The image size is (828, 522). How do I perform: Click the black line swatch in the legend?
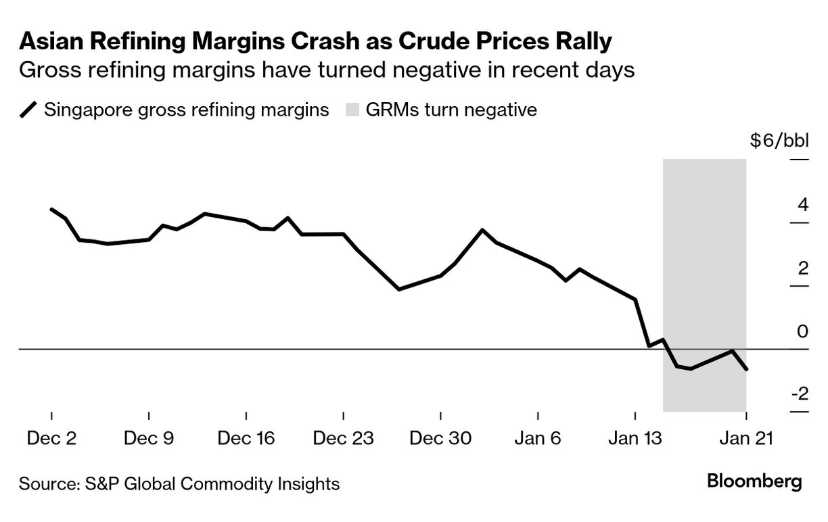click(29, 110)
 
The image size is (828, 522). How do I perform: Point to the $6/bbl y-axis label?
click(779, 141)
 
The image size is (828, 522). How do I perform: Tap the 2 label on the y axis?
click(803, 268)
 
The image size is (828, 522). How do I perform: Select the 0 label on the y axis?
click(803, 331)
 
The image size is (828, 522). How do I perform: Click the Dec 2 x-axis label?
click(51, 438)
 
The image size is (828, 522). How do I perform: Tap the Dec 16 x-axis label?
click(246, 438)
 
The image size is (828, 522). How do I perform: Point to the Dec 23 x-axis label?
click(344, 438)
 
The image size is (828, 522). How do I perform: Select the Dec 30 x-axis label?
click(441, 438)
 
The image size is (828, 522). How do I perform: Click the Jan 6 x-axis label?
click(538, 438)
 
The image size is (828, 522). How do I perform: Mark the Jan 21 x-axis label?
click(745, 438)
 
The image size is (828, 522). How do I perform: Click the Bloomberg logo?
click(754, 481)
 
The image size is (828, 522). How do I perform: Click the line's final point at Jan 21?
click(745, 369)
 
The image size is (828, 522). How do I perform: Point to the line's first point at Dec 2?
click(51, 209)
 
